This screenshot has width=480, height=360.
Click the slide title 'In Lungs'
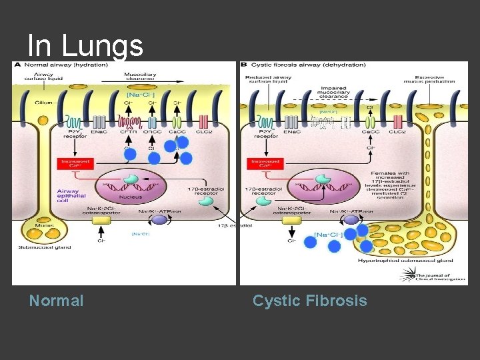(x=85, y=45)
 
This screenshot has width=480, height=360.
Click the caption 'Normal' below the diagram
(x=56, y=301)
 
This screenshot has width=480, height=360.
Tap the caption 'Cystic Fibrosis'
(x=309, y=301)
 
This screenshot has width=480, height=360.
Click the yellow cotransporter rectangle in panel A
(x=101, y=220)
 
